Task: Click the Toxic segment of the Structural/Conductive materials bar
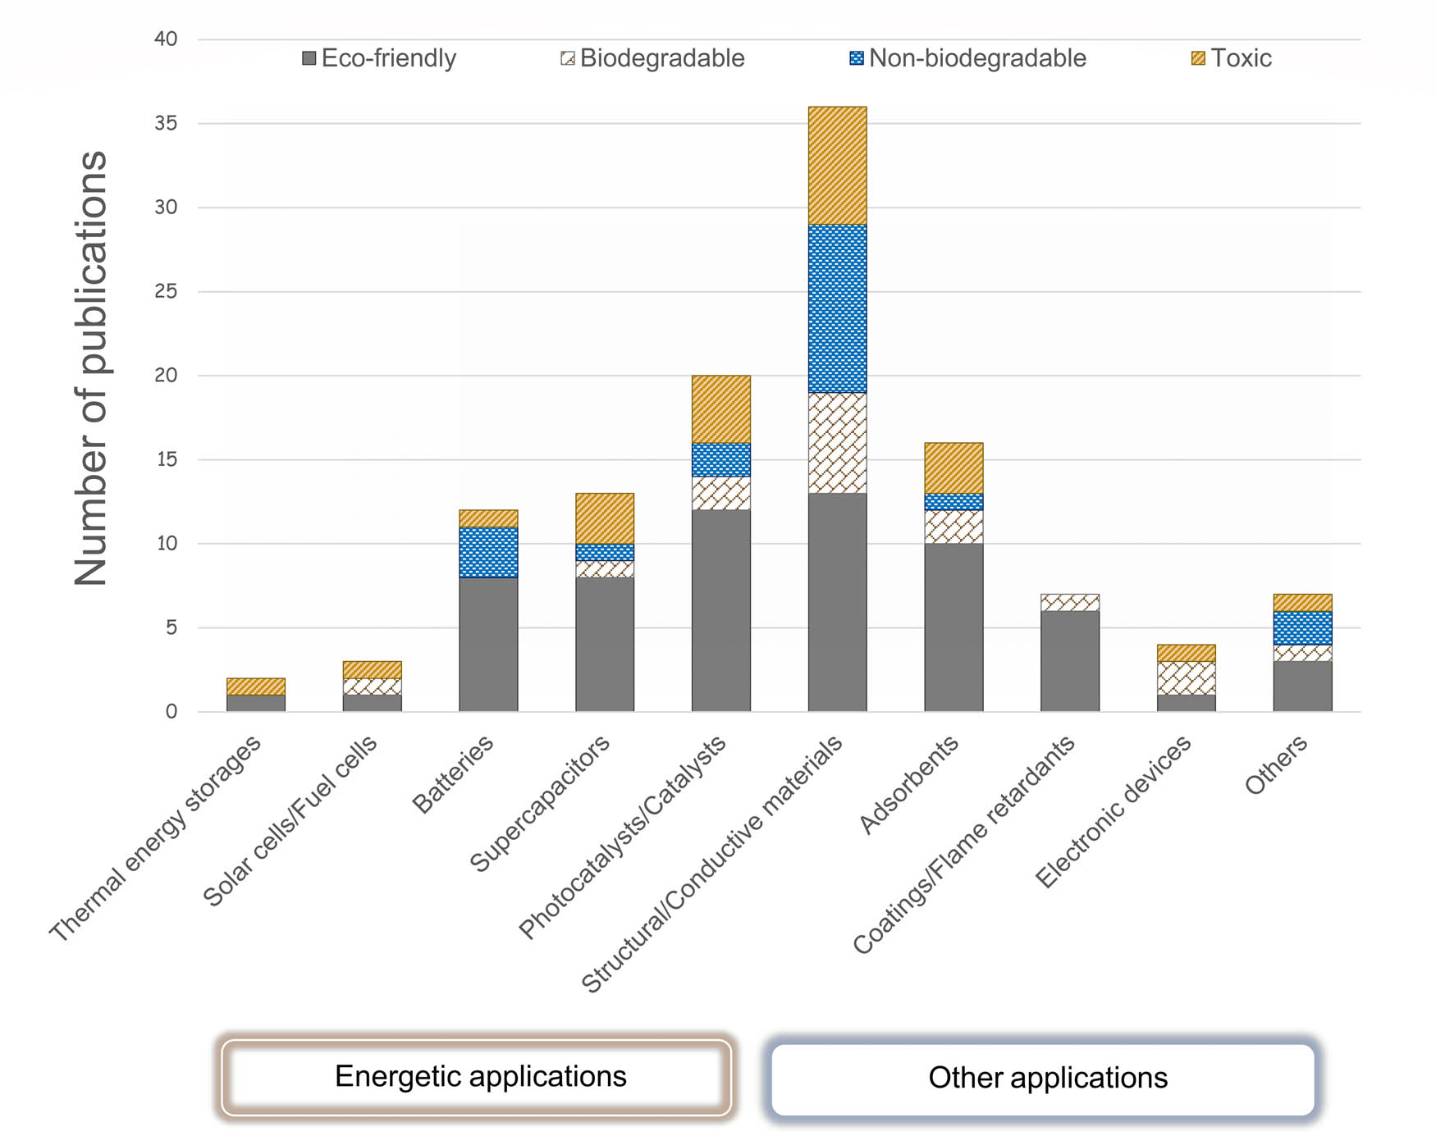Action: tap(837, 166)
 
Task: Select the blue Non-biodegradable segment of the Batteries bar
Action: tap(488, 552)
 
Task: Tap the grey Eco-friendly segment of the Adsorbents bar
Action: tap(954, 627)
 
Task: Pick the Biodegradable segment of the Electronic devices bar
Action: tap(1186, 677)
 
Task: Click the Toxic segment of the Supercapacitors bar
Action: tap(605, 518)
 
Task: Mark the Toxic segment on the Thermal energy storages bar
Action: tap(256, 687)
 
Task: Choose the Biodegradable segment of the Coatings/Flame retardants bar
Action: tap(1069, 602)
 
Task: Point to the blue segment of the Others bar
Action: tap(1302, 627)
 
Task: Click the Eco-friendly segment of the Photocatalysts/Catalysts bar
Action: tap(720, 610)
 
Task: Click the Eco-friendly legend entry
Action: tap(379, 58)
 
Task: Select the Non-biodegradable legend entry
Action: tap(968, 58)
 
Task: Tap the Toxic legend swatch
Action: tap(1198, 58)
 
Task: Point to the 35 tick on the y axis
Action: tap(166, 123)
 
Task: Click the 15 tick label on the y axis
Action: tap(166, 459)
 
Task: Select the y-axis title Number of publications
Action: tap(90, 369)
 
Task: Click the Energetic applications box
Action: tap(476, 1077)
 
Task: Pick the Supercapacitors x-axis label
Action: tap(541, 803)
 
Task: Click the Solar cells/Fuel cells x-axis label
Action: tap(290, 820)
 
